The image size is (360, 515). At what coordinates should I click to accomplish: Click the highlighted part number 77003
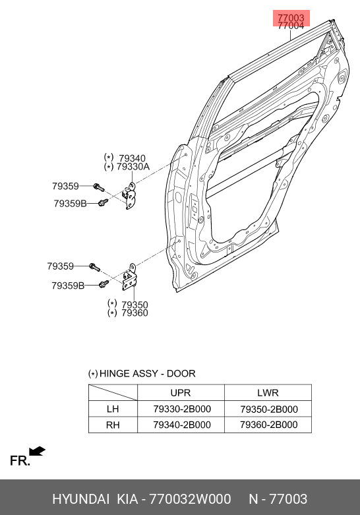(291, 18)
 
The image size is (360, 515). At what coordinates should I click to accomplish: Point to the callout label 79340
(132, 158)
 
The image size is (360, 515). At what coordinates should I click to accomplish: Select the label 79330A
(133, 167)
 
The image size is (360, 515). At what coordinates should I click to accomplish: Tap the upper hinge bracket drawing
(130, 196)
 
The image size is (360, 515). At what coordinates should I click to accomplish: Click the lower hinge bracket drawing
(129, 278)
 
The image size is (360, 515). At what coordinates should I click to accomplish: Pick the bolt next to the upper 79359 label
(98, 187)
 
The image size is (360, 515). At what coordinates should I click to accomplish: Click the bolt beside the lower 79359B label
(104, 284)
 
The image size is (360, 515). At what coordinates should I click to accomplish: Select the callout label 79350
(135, 305)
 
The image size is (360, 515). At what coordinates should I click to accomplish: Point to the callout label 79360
(135, 313)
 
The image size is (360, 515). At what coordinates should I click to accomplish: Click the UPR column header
(180, 393)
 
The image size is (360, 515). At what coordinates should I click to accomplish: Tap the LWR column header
(268, 393)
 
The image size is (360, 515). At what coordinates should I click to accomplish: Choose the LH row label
(113, 409)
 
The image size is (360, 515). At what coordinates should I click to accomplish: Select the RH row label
(113, 425)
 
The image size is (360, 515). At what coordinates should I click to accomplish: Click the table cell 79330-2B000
(182, 409)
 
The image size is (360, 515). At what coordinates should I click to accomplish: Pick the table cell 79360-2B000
(269, 425)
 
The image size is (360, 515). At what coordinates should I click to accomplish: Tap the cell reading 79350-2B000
(269, 409)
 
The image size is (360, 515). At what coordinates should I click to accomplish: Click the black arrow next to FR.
(37, 451)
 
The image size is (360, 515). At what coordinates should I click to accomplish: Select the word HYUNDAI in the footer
(80, 499)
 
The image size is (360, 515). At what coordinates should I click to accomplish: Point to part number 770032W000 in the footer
(190, 499)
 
